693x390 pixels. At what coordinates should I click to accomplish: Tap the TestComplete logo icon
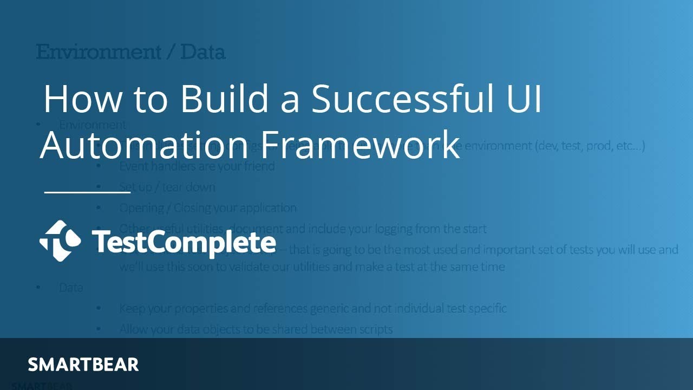click(60, 241)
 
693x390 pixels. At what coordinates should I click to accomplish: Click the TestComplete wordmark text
click(184, 242)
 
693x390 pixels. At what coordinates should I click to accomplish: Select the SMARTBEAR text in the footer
click(83, 365)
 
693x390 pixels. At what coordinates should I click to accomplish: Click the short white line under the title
click(87, 191)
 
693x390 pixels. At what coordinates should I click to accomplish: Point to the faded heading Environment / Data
click(130, 53)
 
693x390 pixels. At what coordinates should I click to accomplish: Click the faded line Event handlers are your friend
click(197, 166)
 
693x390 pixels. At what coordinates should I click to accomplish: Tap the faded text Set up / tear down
click(167, 187)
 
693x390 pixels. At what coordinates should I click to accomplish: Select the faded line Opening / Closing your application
click(207, 208)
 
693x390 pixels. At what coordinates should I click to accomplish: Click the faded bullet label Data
click(71, 288)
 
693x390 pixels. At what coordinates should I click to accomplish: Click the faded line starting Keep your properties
click(312, 308)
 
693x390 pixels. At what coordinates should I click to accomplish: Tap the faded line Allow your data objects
click(256, 329)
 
